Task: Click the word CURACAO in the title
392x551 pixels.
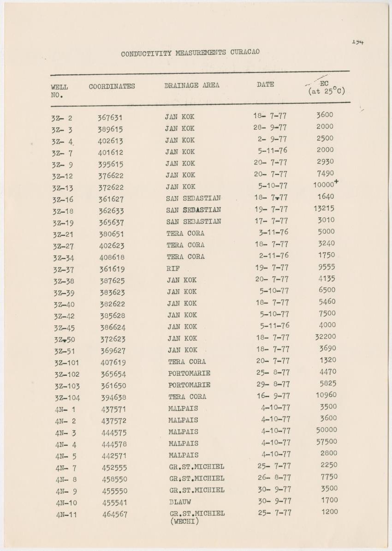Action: pos(243,52)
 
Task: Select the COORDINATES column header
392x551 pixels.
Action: pos(112,86)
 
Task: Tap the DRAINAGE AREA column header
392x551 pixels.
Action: pos(192,85)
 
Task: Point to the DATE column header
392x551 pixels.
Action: pos(265,84)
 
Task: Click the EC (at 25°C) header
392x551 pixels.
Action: pos(326,88)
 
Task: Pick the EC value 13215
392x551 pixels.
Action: pos(324,208)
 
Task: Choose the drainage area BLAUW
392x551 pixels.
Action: pos(180,502)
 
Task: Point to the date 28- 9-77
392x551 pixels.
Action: pos(270,127)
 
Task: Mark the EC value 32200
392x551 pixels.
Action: pos(326,337)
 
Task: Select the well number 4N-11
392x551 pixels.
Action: pos(66,515)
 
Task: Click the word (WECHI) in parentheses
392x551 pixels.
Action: pos(184,521)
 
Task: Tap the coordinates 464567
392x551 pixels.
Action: pos(115,514)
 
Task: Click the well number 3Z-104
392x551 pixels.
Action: pos(67,398)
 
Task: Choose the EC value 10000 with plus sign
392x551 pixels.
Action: pos(326,184)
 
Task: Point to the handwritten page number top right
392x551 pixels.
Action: pos(357,42)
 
